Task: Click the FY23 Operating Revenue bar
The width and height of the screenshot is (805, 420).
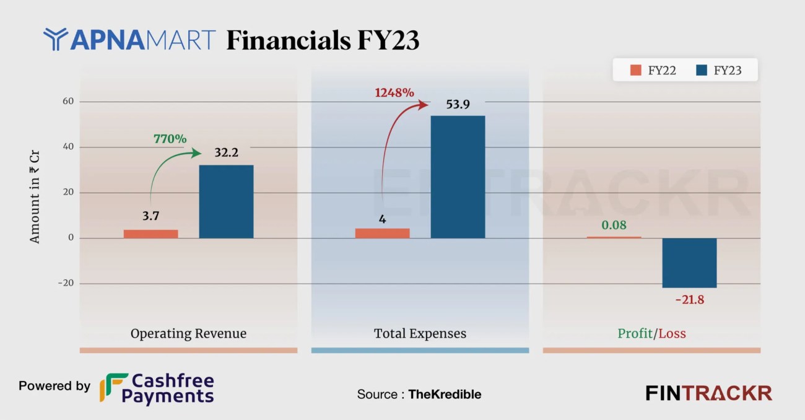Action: [x=226, y=201]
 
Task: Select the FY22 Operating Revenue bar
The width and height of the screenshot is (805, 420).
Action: [x=150, y=234]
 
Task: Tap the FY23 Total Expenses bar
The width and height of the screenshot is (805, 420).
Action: [x=458, y=177]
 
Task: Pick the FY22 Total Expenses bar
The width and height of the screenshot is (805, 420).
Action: [x=382, y=233]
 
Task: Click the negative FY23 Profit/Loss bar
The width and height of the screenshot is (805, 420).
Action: [x=689, y=263]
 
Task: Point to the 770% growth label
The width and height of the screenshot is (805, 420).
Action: [x=170, y=139]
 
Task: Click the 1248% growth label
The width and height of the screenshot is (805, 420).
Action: [x=394, y=93]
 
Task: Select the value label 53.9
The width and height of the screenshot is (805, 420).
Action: [x=458, y=104]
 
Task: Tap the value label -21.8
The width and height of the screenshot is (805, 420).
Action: [x=689, y=300]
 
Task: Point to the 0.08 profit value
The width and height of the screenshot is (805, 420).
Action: [x=613, y=225]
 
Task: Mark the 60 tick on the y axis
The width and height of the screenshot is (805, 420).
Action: [x=66, y=102]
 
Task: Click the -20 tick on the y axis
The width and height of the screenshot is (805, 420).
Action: [x=64, y=283]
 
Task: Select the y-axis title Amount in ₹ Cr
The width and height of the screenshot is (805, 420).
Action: [x=35, y=192]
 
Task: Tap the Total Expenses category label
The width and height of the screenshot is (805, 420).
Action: [x=420, y=333]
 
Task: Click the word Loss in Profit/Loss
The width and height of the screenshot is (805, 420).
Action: [x=672, y=333]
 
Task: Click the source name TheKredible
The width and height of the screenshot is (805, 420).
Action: [x=445, y=394]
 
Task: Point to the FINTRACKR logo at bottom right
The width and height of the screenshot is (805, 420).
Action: [x=708, y=393]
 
